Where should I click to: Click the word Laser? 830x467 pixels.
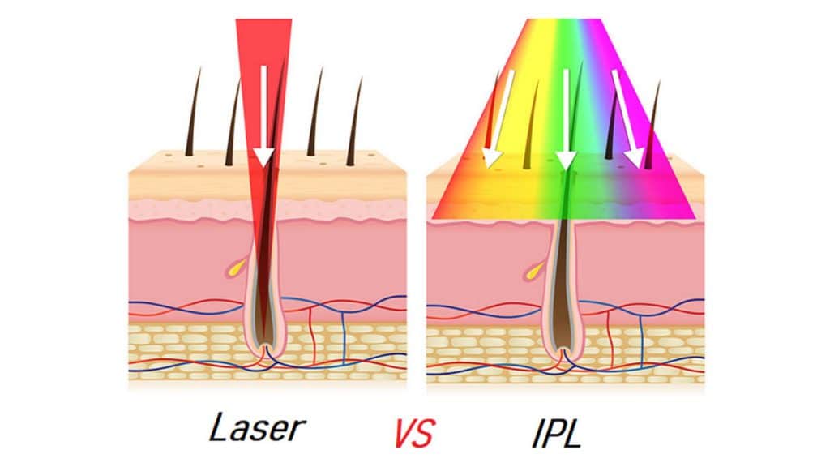tap(257, 428)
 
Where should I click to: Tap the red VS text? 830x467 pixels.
tap(413, 433)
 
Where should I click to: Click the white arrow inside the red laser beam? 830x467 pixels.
tap(263, 117)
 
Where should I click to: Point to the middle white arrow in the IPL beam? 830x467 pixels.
tap(566, 118)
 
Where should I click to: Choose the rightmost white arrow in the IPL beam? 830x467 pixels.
tap(628, 118)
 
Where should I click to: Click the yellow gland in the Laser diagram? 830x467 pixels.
tap(237, 268)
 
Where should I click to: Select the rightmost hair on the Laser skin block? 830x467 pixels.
tap(355, 122)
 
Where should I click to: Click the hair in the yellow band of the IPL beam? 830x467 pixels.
tap(531, 125)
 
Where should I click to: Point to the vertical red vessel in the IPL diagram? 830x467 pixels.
tap(610, 338)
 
